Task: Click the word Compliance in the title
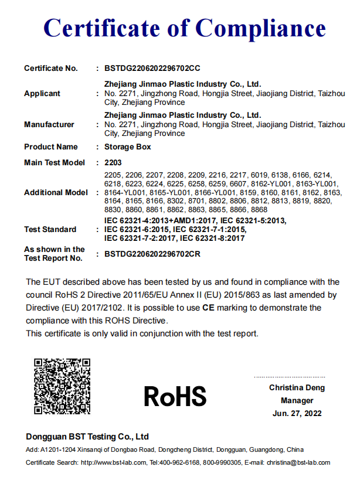coord(260,28)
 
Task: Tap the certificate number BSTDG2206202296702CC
coord(152,69)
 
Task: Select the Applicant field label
coord(42,94)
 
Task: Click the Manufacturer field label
coord(49,124)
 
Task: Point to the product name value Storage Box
coord(127,147)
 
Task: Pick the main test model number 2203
coord(113,162)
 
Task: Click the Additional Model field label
coord(56,193)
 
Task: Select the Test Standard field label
coord(50,229)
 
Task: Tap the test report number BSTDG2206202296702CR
coord(152,254)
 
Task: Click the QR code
coord(62,387)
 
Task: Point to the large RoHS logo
coord(175,396)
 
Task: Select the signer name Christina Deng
coord(297,388)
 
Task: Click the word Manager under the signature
coord(297,401)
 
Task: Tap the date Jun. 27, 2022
coord(297,414)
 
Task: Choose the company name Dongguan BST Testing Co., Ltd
coord(87,437)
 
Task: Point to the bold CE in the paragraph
coord(208,307)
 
